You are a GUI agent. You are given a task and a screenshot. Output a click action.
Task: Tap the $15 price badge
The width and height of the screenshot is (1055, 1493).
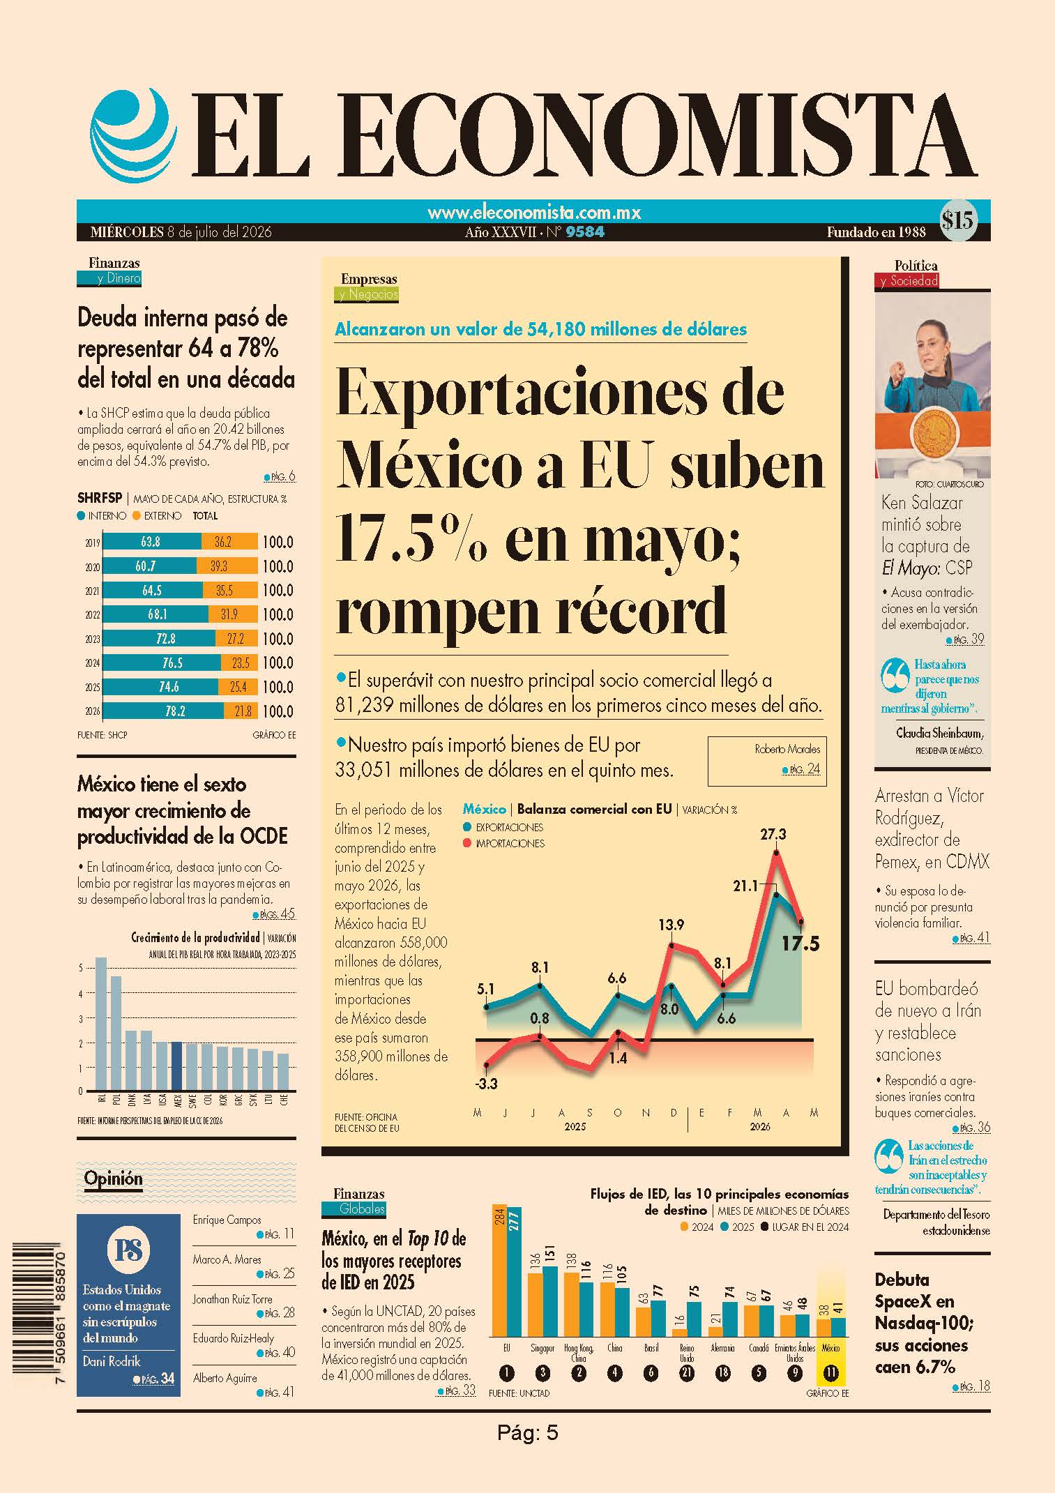click(x=957, y=220)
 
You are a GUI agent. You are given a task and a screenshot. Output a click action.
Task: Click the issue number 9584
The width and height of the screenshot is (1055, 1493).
click(x=585, y=232)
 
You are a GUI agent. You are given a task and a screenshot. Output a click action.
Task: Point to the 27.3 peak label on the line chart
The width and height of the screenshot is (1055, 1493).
click(x=773, y=834)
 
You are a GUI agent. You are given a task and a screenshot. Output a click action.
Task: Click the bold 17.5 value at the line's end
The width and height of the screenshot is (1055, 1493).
click(x=800, y=944)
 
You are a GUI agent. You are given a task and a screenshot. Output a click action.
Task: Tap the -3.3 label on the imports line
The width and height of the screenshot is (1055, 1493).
click(x=486, y=1084)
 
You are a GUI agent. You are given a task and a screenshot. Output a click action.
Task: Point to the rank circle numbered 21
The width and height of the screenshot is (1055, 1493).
click(x=687, y=1373)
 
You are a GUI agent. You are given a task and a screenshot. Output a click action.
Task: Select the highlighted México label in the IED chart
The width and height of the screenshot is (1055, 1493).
click(x=830, y=1348)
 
